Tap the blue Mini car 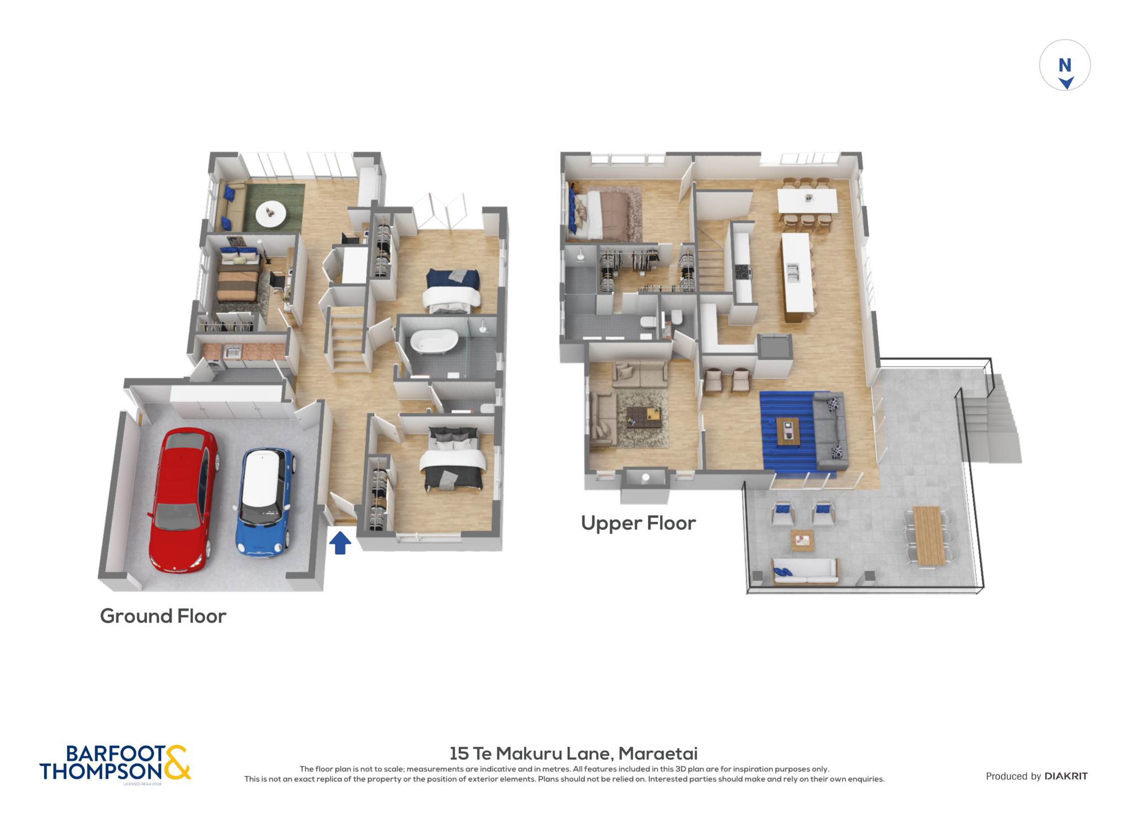[264, 500]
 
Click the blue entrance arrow [340, 542]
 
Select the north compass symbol [1064, 65]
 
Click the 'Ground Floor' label [163, 616]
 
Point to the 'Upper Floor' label [638, 523]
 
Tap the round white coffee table [270, 213]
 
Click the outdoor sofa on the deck [805, 571]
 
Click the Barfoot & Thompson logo [115, 763]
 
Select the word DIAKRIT [1066, 776]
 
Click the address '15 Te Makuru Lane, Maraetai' [573, 753]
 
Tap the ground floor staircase [348, 338]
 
